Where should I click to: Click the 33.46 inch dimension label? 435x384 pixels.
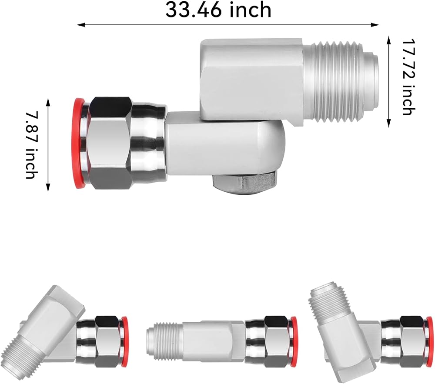click(218, 10)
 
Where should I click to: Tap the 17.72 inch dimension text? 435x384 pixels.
click(409, 77)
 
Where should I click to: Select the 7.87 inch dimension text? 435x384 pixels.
click(32, 145)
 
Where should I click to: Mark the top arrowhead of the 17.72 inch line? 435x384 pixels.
click(388, 40)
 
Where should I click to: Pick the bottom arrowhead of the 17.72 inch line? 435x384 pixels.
click(388, 124)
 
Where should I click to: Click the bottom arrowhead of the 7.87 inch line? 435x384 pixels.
click(48, 188)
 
